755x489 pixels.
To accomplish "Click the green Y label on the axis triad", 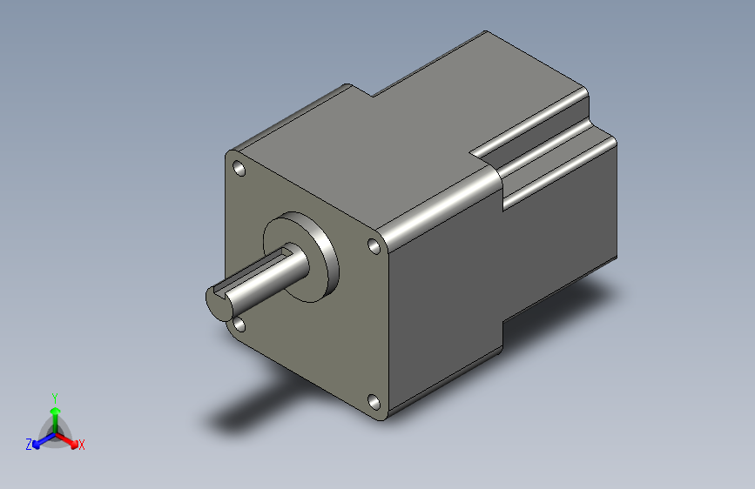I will point(54,396).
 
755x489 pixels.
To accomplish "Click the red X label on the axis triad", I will point(81,445).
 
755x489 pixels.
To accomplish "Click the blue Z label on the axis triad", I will point(29,445).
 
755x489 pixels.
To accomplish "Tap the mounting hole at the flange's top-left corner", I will point(239,168).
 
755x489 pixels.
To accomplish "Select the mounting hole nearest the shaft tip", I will point(239,325).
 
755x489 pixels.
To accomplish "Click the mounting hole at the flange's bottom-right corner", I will point(374,401).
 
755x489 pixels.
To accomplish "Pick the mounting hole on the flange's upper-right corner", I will point(374,247).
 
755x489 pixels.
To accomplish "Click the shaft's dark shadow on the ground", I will point(253,409).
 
